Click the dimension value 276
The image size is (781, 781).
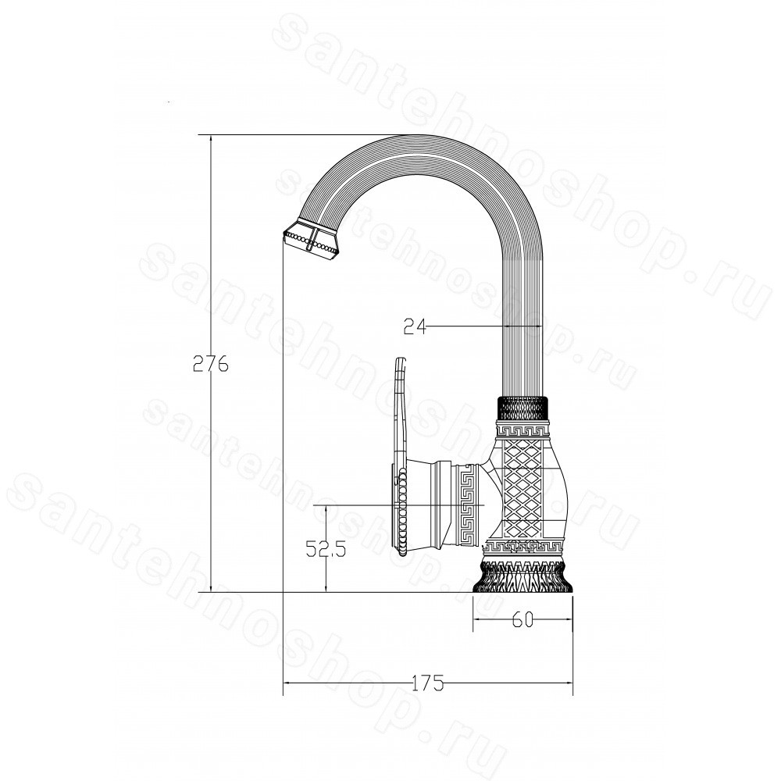(x=211, y=364)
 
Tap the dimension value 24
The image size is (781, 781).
(x=415, y=326)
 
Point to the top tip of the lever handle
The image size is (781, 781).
(x=401, y=358)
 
